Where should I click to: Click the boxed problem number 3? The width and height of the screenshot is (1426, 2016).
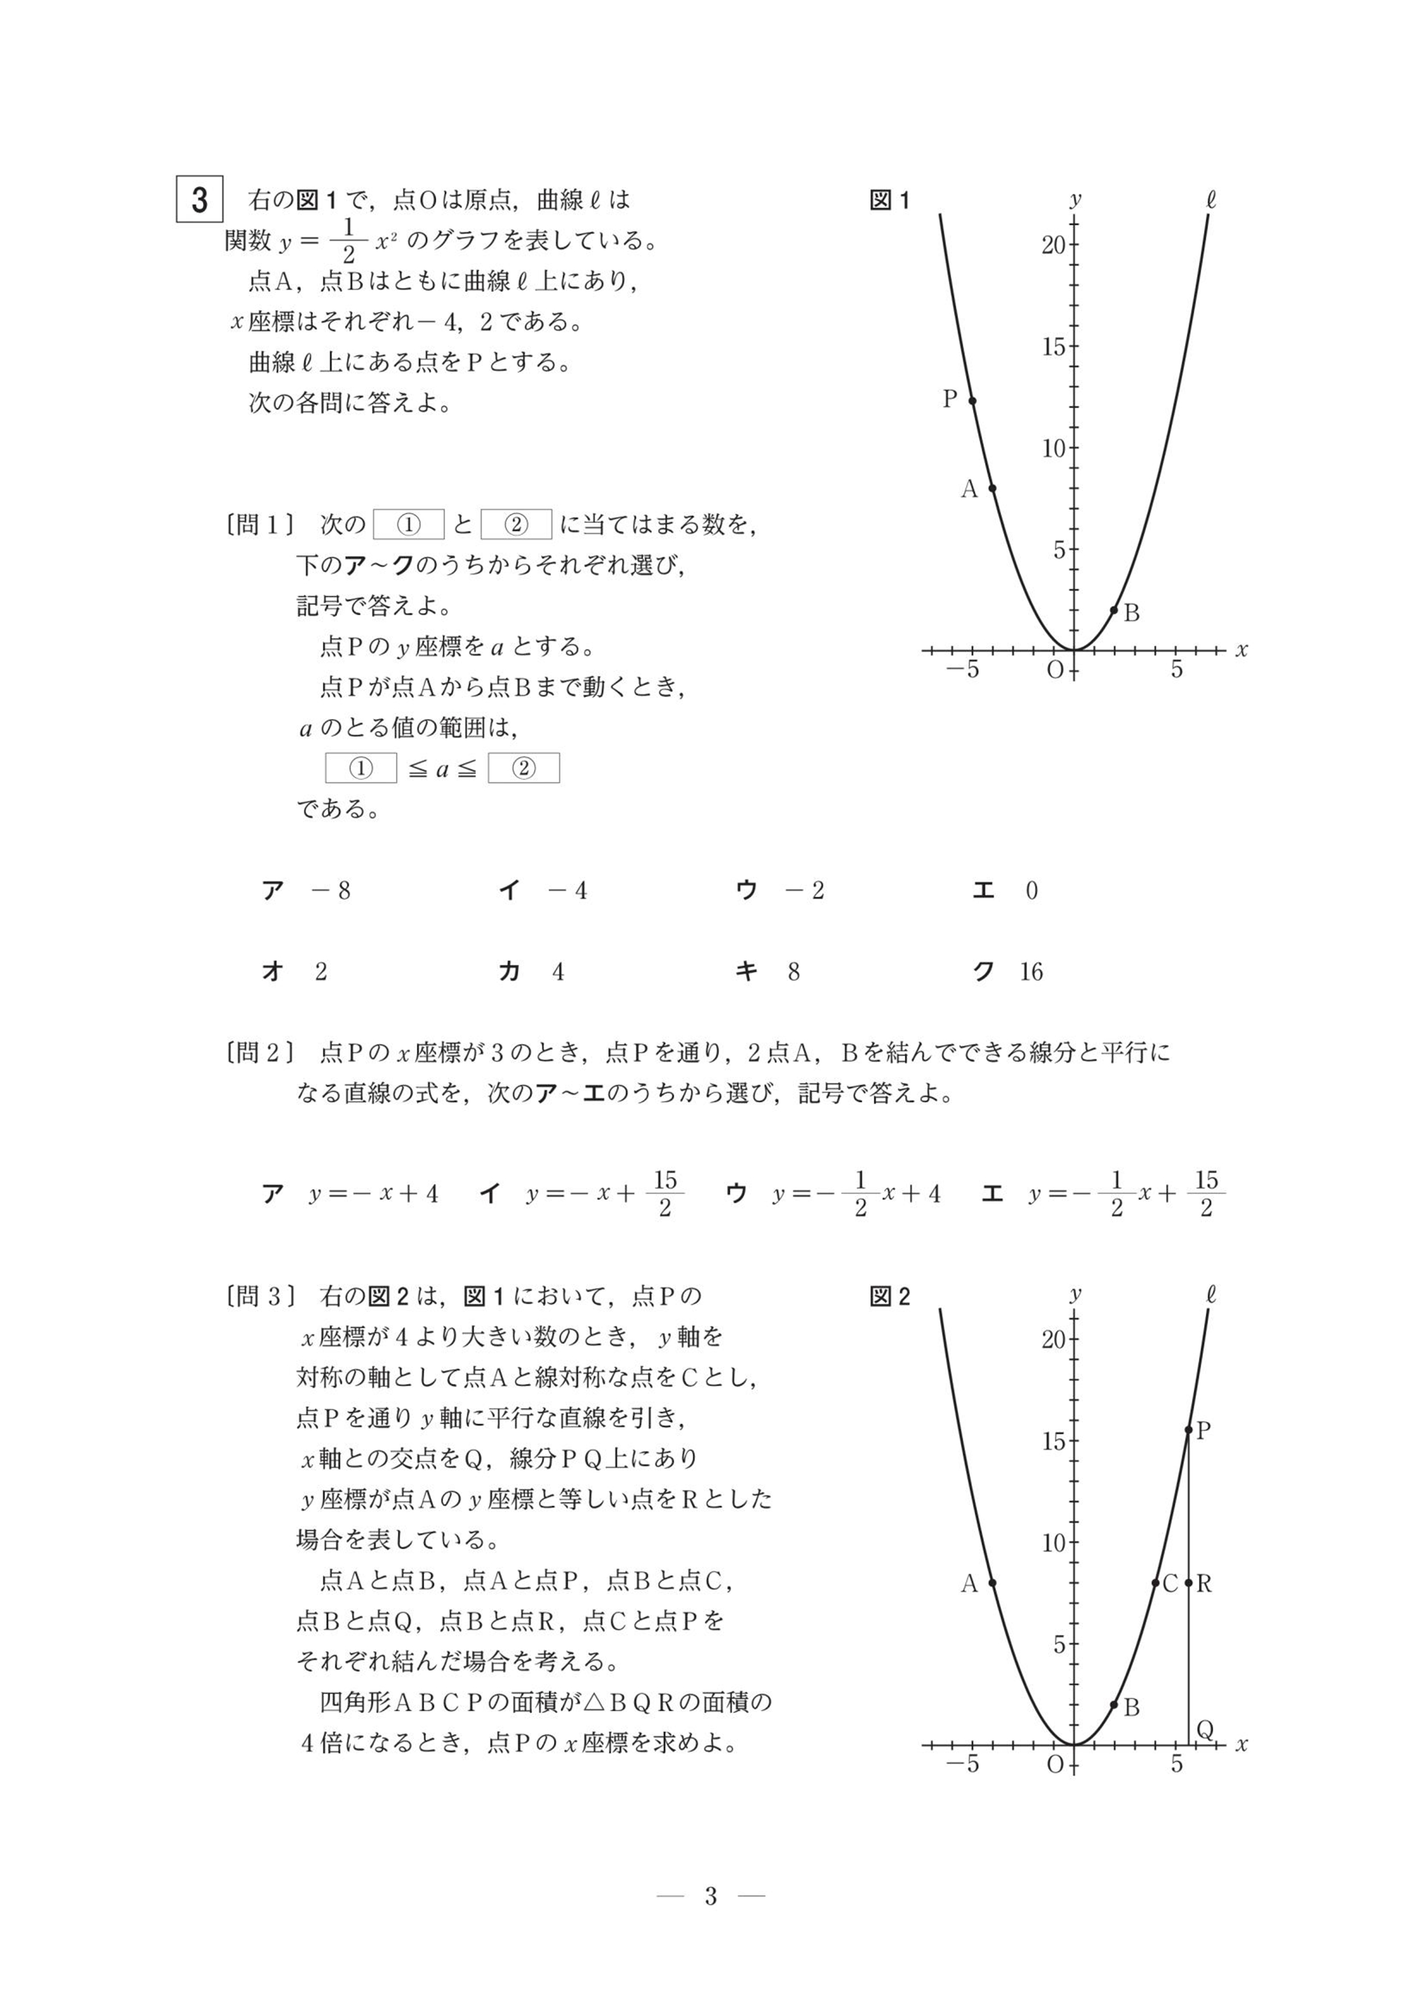[x=199, y=199]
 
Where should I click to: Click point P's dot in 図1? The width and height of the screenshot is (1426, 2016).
[x=972, y=401]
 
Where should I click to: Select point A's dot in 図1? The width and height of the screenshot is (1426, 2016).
[x=992, y=488]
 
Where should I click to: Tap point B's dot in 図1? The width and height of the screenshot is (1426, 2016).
[x=1113, y=609]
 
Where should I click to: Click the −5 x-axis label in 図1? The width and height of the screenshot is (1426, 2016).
[x=962, y=670]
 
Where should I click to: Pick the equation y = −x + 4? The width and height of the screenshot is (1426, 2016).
[x=351, y=1194]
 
